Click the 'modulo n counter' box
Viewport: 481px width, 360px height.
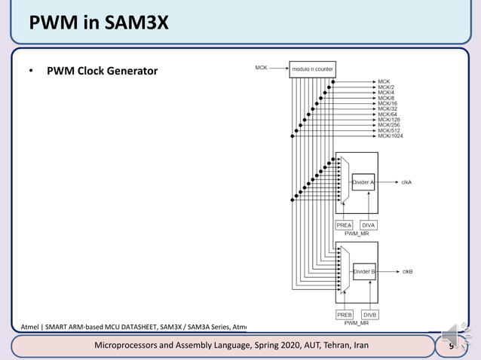pyautogui.click(x=312, y=69)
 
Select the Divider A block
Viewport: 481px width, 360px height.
pyautogui.click(x=363, y=182)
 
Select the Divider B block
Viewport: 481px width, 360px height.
pyautogui.click(x=363, y=271)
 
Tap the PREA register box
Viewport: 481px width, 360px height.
pyautogui.click(x=344, y=225)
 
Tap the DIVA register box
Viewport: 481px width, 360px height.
pyautogui.click(x=369, y=225)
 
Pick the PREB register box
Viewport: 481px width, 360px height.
pyautogui.click(x=344, y=314)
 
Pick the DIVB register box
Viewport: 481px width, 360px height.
pyautogui.click(x=369, y=314)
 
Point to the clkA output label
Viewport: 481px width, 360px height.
pyautogui.click(x=406, y=182)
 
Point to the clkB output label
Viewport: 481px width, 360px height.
pyautogui.click(x=406, y=271)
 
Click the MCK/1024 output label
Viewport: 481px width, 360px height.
pyautogui.click(x=391, y=136)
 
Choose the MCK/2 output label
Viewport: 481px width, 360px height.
pyautogui.click(x=386, y=87)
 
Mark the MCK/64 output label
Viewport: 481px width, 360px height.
pyautogui.click(x=388, y=114)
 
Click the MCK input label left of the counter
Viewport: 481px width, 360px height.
pyautogui.click(x=261, y=68)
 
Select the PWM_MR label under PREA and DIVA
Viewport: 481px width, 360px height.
pyautogui.click(x=356, y=234)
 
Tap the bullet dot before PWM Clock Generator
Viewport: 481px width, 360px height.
pyautogui.click(x=31, y=72)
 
